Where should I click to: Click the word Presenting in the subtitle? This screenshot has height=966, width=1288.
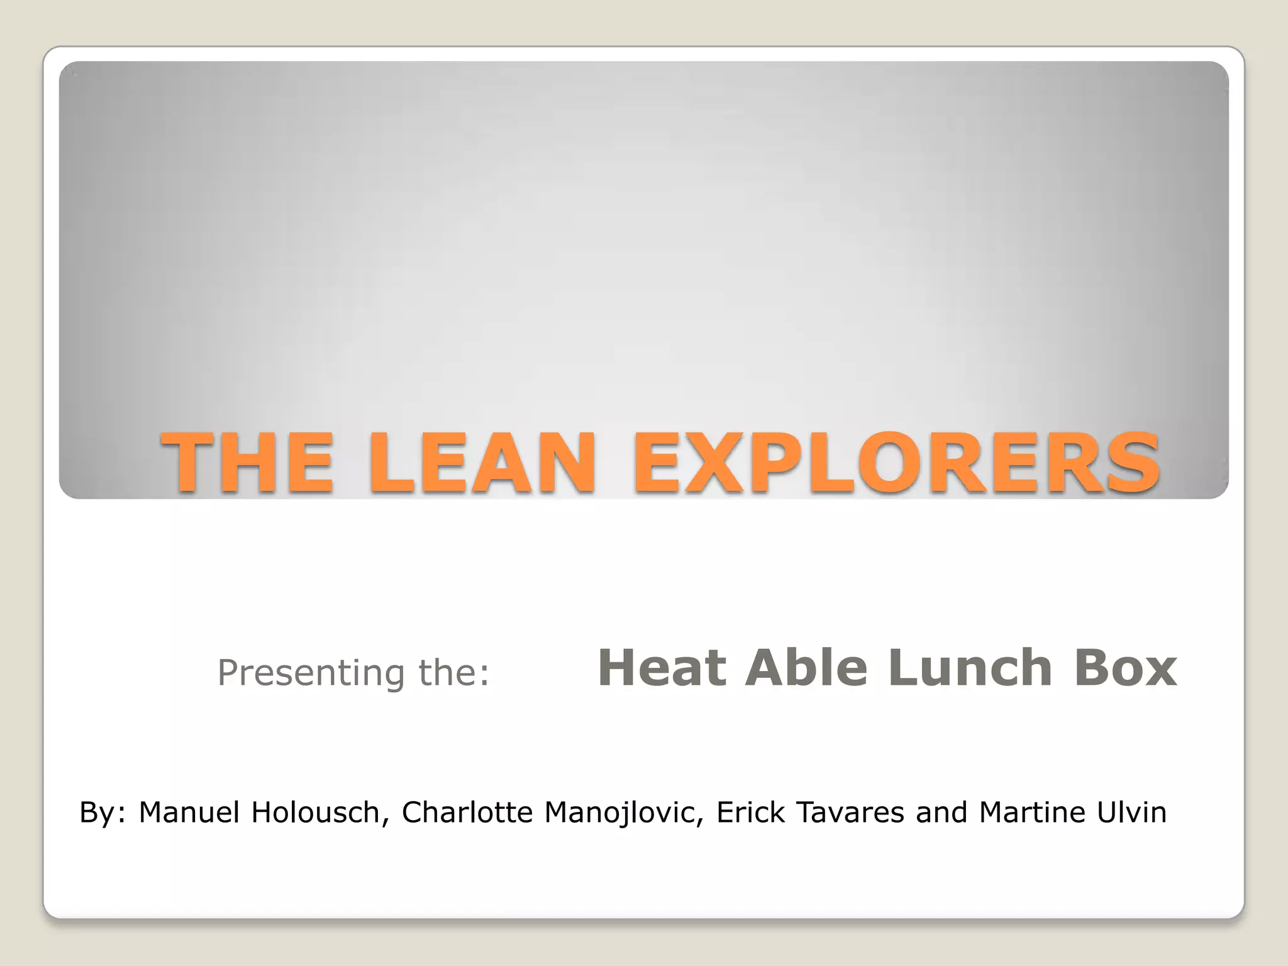[x=311, y=672]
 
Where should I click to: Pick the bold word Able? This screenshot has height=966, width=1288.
[x=806, y=668]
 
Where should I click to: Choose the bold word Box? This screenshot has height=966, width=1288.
[x=1125, y=668]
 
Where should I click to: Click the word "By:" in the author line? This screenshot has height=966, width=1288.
[x=103, y=813]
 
